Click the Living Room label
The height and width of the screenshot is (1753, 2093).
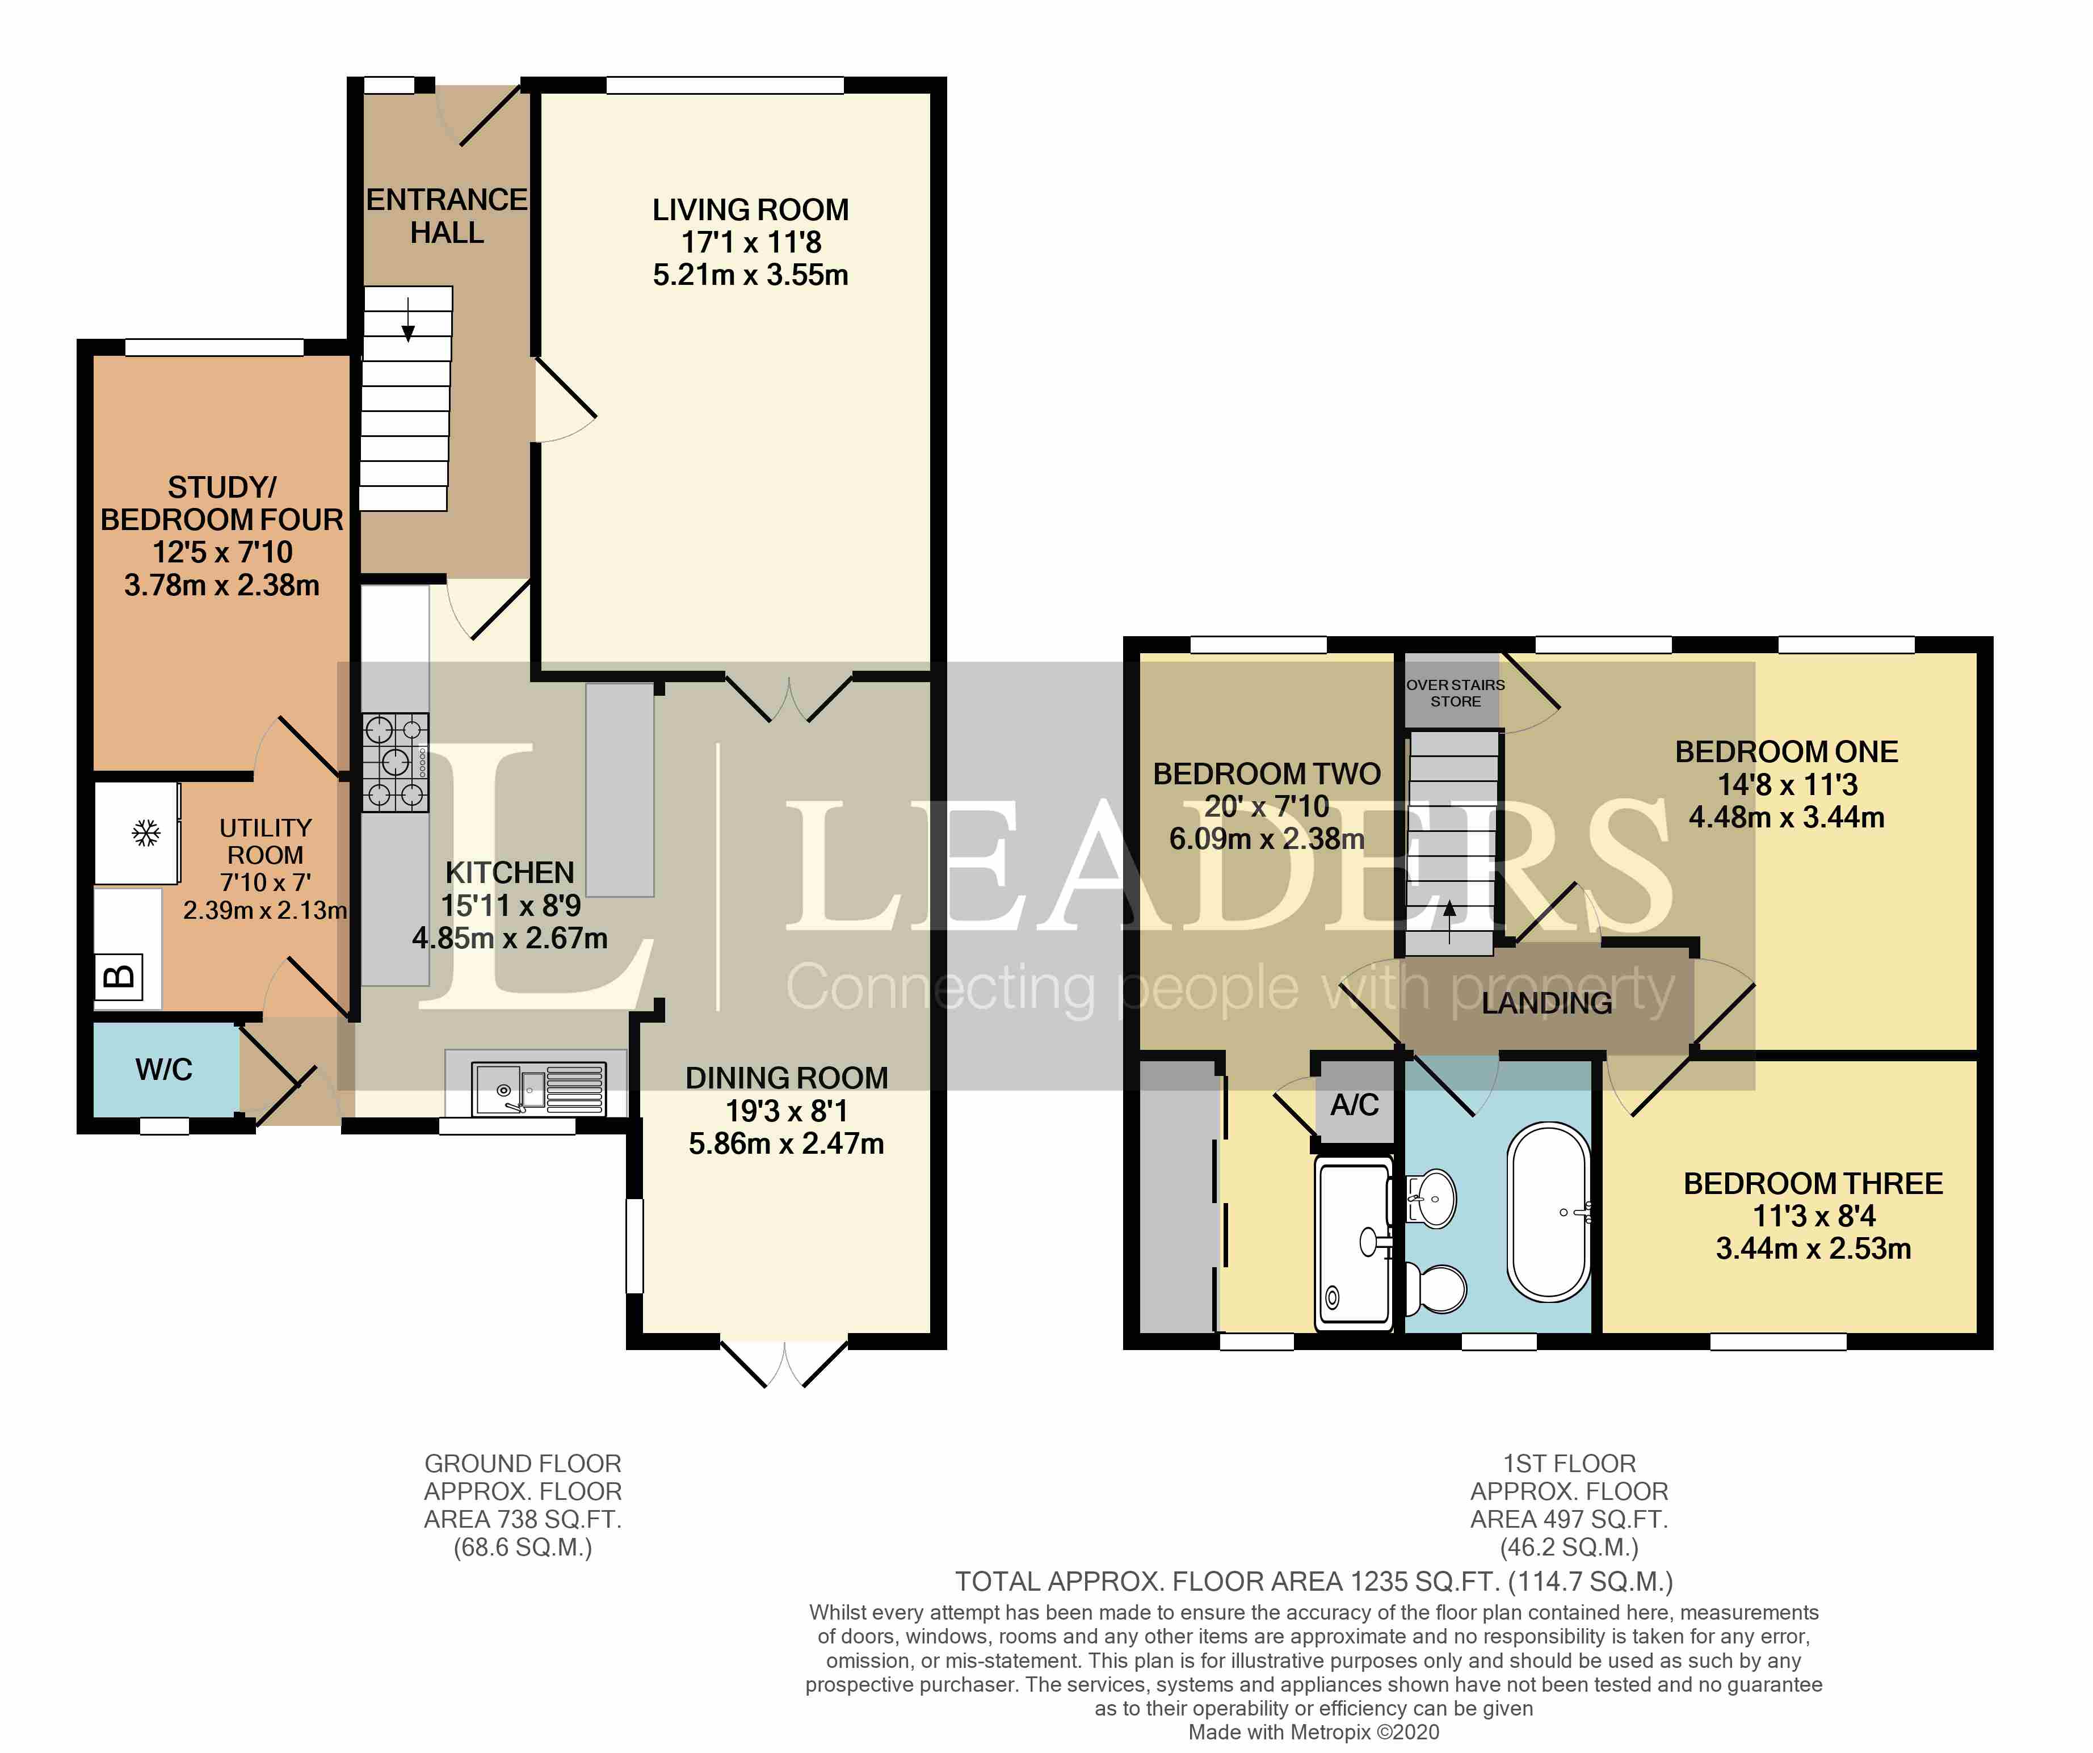750,211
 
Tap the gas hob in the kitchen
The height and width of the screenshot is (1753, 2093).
396,762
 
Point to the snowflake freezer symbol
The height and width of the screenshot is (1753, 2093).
146,833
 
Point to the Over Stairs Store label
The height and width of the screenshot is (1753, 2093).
1455,692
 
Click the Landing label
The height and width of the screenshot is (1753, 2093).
1547,1003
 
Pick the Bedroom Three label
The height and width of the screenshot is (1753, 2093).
1813,1183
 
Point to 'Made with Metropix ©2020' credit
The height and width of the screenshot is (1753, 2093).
1314,1732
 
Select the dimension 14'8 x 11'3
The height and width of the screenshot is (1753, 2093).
1787,784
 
